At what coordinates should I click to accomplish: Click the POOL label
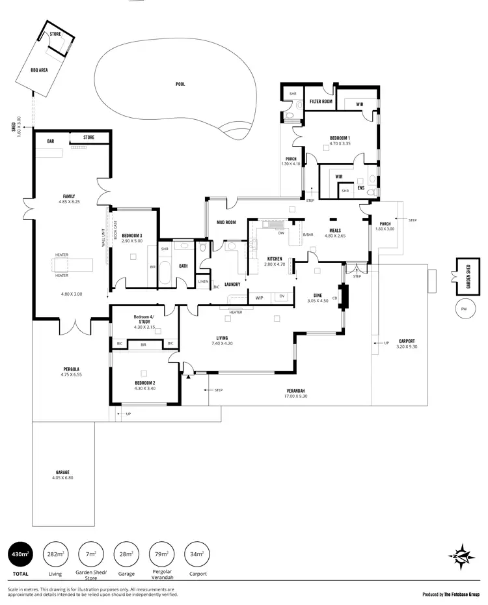[180, 84]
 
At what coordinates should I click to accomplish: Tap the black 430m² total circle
[20, 554]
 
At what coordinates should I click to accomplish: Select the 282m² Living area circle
[55, 554]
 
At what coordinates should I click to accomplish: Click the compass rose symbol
[462, 557]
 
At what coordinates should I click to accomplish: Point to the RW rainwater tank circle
[463, 309]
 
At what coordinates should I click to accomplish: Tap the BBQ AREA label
[39, 69]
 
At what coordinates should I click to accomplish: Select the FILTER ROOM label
[321, 102]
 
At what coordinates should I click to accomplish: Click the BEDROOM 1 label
[340, 138]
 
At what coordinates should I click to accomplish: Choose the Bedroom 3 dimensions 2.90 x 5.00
[131, 241]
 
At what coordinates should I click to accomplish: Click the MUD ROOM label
[225, 223]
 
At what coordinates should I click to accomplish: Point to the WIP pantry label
[259, 298]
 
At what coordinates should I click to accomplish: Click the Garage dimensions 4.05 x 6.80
[62, 478]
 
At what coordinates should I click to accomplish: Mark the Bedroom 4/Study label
[142, 319]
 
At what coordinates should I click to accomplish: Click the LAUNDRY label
[232, 284]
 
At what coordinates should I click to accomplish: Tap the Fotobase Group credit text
[451, 594]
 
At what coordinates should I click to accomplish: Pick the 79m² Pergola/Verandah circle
[161, 554]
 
